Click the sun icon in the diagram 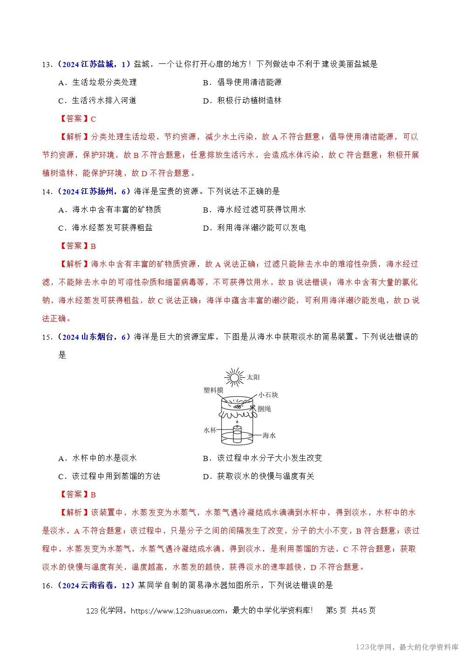233,376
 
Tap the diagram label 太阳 253,377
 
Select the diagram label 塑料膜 213,390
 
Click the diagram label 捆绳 264,409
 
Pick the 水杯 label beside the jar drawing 210,430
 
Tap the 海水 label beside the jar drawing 269,435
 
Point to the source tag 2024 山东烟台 93,337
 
